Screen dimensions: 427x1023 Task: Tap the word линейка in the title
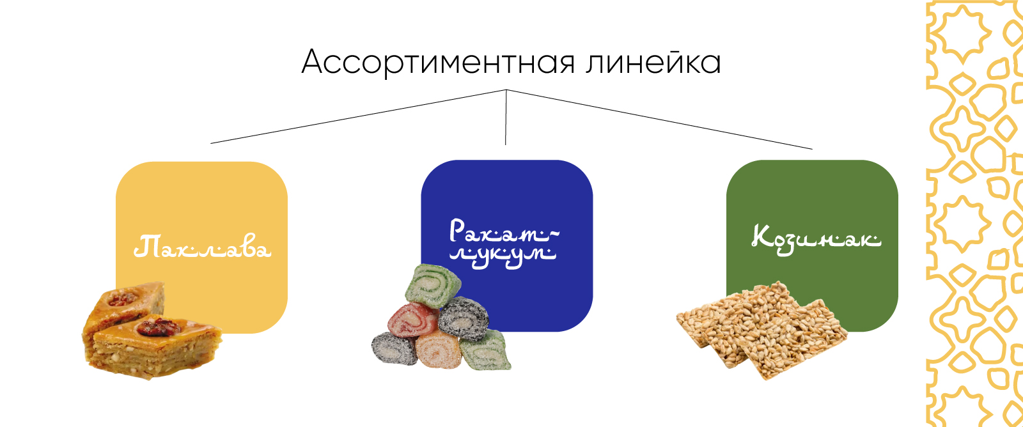(x=653, y=63)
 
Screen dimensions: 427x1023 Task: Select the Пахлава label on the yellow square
(x=202, y=247)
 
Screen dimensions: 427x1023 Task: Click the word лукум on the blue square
(x=503, y=255)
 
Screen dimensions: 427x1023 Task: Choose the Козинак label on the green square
(x=816, y=238)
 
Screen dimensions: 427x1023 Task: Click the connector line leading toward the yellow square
(x=358, y=116)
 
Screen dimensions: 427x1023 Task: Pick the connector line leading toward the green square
(x=659, y=120)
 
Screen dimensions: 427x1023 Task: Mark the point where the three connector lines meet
(x=506, y=90)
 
